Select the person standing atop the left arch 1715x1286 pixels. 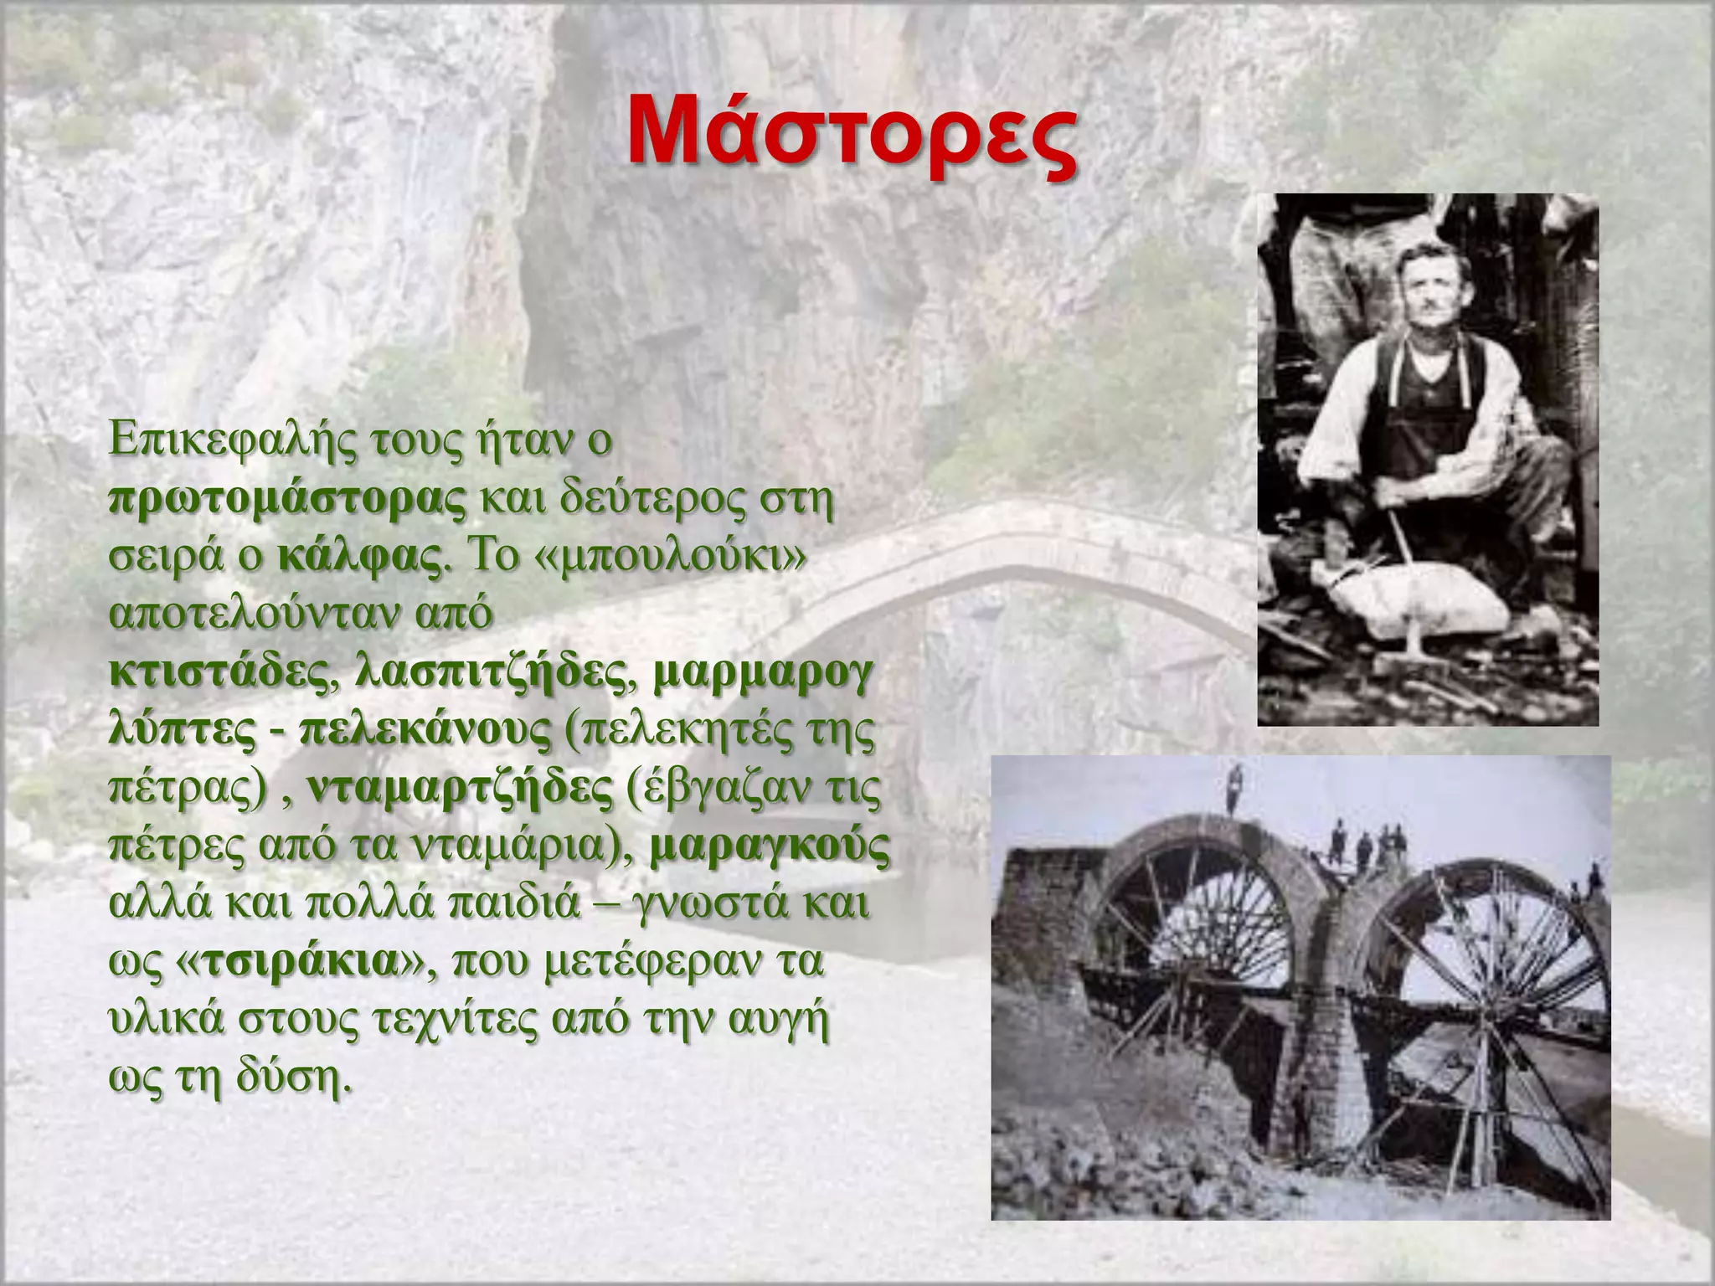pyautogui.click(x=1233, y=789)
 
